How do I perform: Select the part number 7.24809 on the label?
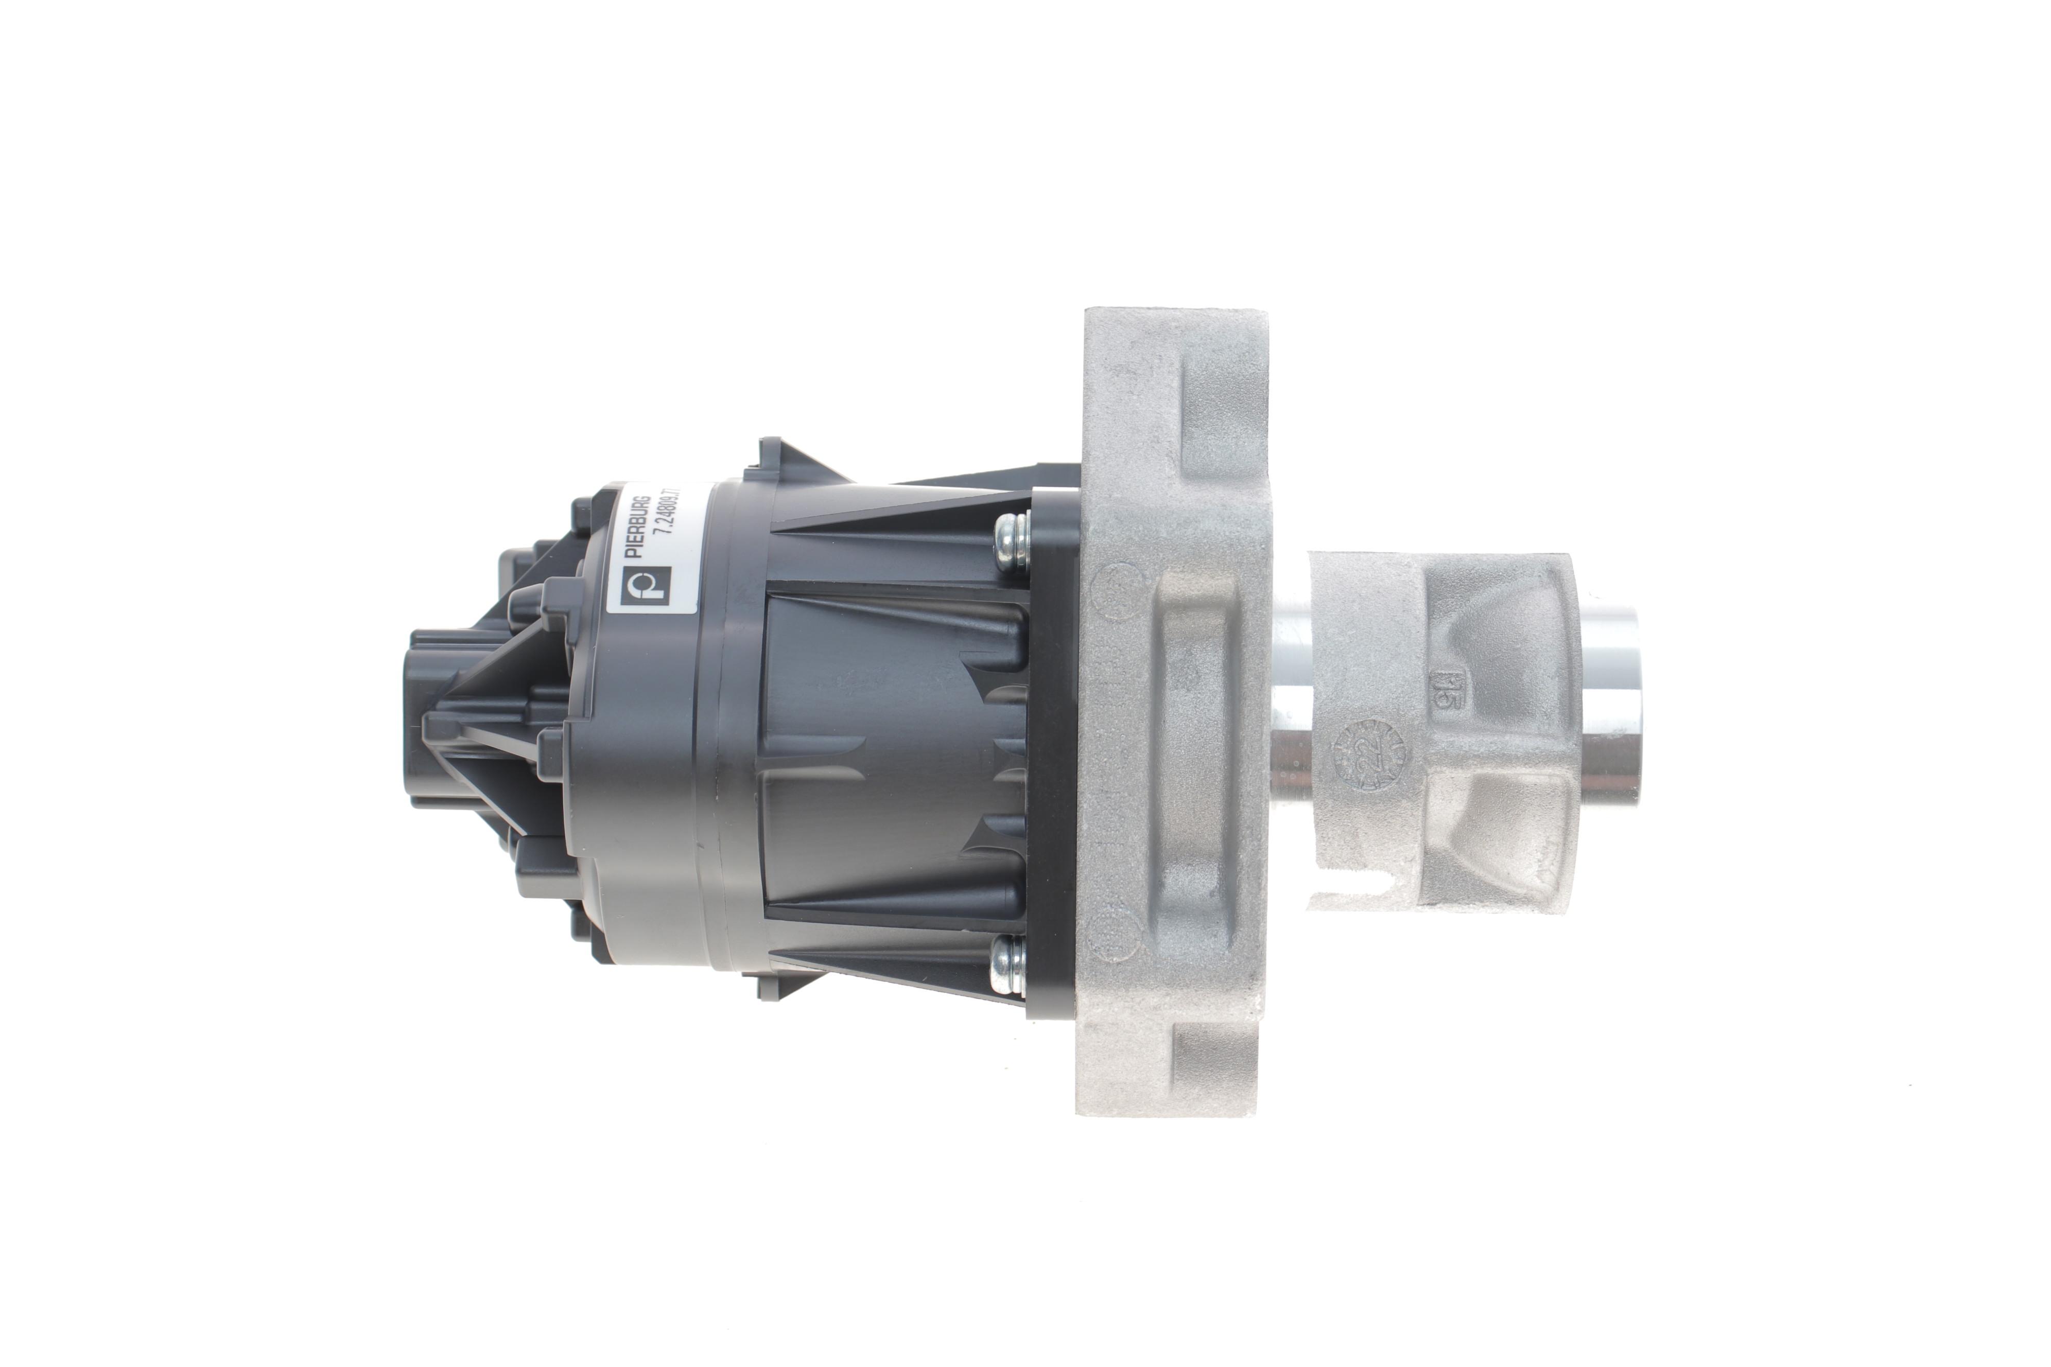coord(671,523)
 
